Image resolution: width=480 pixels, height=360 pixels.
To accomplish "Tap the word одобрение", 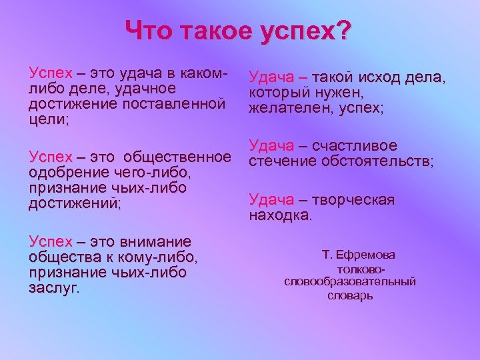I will (x=65, y=173).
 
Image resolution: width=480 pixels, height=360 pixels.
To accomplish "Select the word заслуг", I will (x=53, y=288).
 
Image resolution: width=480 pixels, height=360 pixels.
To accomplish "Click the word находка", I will (x=279, y=215).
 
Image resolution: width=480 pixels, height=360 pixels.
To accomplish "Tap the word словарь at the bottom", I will (x=350, y=295).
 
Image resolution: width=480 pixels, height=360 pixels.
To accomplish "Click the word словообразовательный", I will (x=350, y=282).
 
